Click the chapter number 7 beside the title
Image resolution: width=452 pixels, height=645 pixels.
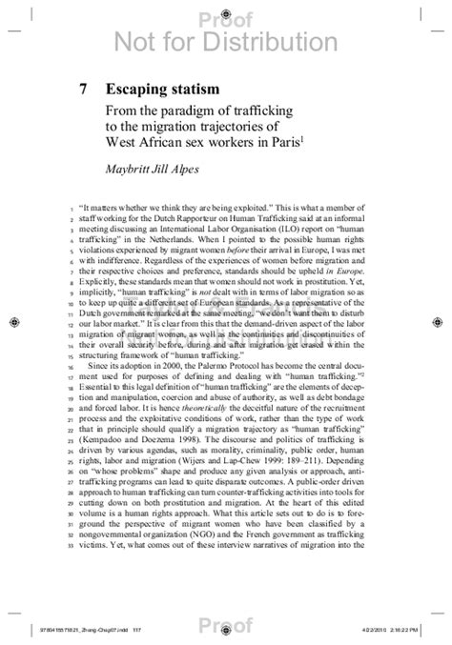tap(84, 89)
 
